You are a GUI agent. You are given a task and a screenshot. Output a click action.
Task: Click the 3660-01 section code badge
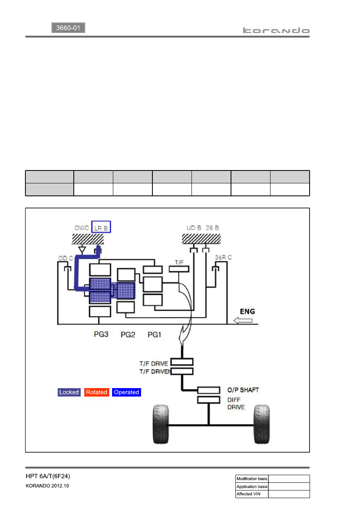[x=68, y=28]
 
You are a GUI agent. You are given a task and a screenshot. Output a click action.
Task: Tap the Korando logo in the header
[x=276, y=30]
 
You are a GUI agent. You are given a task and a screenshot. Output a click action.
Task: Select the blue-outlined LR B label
[x=101, y=227]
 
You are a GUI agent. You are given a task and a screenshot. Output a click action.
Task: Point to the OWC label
[x=81, y=228]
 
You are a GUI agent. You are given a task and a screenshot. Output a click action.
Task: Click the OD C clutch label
[x=66, y=258]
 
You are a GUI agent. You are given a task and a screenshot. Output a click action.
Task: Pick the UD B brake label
[x=194, y=228]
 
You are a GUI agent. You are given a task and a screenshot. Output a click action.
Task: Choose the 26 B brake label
[x=212, y=228]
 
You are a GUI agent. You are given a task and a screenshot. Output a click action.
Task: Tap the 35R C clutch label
[x=223, y=258]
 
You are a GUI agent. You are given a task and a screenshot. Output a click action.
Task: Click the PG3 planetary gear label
[x=101, y=334]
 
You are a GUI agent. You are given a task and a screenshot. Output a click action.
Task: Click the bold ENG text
[x=248, y=311]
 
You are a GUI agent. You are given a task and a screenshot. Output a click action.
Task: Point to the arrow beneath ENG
[x=243, y=321]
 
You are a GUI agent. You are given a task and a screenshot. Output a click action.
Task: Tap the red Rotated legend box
[x=97, y=392]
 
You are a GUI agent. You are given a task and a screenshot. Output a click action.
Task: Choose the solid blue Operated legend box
[x=126, y=392]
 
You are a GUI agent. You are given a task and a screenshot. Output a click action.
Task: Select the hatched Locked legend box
[x=69, y=392]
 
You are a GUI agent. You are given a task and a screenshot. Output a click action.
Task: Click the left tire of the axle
[x=161, y=424]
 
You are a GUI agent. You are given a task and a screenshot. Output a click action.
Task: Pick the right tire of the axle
[x=262, y=424]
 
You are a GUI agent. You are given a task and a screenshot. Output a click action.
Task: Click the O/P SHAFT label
[x=243, y=390]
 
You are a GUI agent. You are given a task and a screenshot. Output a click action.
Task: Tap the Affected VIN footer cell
[x=252, y=494]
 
